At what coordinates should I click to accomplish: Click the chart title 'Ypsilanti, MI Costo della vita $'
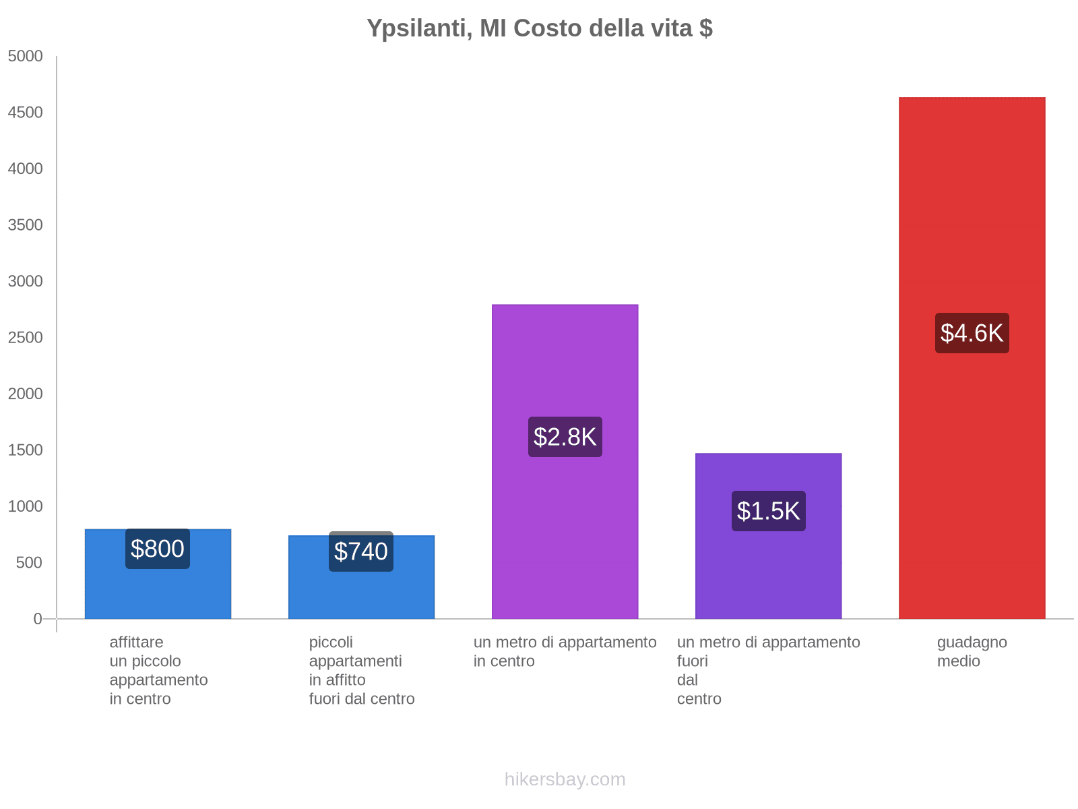click(x=539, y=28)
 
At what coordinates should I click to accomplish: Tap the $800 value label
click(x=158, y=549)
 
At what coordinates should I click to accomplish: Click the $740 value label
click(x=361, y=551)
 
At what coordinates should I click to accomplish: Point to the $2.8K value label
click(x=565, y=437)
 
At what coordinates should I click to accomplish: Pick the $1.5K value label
click(x=768, y=511)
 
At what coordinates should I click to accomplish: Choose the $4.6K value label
click(x=972, y=333)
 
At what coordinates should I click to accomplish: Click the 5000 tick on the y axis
click(x=25, y=57)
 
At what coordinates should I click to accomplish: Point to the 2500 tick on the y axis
click(x=25, y=338)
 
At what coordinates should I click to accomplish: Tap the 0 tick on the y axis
click(x=38, y=619)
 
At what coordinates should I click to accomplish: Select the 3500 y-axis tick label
click(x=25, y=225)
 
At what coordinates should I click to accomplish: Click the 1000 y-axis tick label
click(x=25, y=506)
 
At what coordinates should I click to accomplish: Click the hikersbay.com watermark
click(x=565, y=779)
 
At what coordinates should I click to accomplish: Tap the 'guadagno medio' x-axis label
click(x=972, y=651)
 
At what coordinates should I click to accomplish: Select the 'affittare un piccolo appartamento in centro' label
click(x=158, y=670)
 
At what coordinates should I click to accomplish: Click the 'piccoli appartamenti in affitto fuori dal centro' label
click(x=362, y=670)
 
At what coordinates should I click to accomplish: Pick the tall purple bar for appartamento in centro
click(x=565, y=364)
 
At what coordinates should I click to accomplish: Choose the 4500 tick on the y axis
click(x=25, y=113)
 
